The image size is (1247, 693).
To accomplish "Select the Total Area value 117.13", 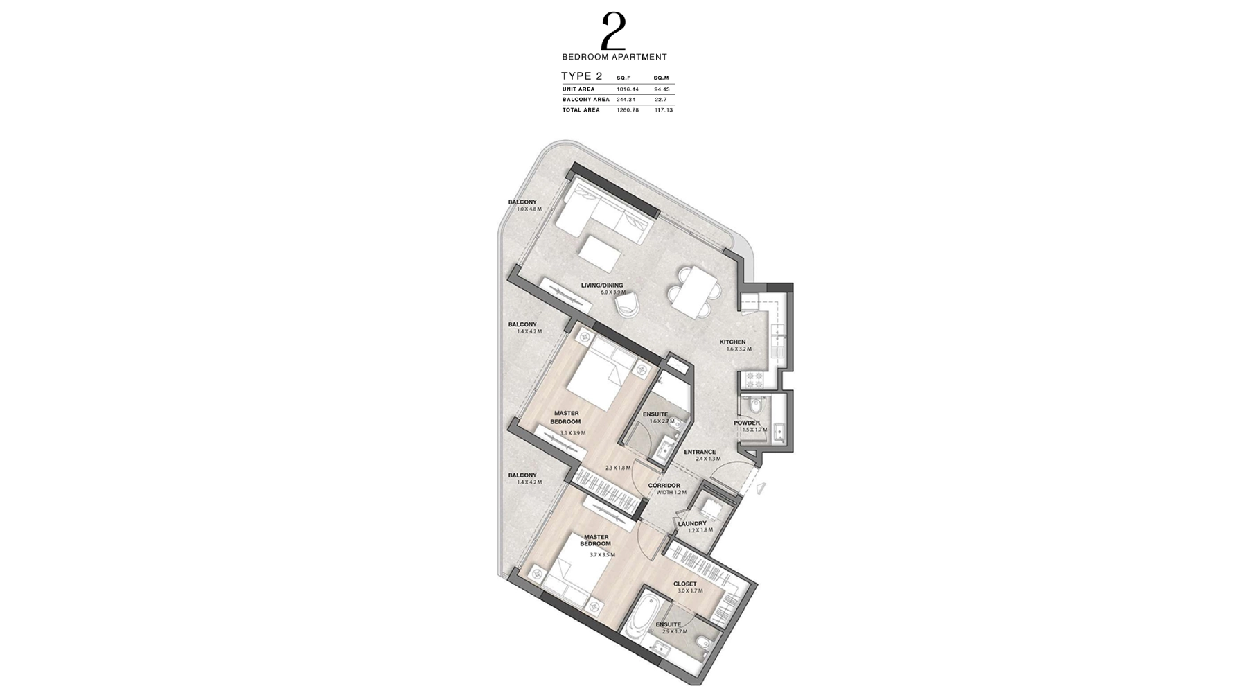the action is coord(664,110).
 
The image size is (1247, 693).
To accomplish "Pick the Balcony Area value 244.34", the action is coord(626,100).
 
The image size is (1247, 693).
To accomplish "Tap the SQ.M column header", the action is coord(661,78).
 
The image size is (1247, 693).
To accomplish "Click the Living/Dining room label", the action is coord(602,286).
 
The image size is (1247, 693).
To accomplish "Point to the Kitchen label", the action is coord(732,342).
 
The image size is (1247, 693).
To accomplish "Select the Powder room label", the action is coord(747,423).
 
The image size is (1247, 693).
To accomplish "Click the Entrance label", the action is coord(700,453).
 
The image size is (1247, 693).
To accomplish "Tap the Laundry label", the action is coord(692,524).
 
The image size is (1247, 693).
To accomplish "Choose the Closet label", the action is coord(685,584).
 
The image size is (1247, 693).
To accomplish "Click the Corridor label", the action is coord(664,486).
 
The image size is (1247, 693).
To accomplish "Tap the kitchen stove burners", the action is coord(753,380).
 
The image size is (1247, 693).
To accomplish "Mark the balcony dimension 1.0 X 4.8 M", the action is coord(529,209).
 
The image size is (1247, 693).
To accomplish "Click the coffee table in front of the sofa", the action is coord(600,252).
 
